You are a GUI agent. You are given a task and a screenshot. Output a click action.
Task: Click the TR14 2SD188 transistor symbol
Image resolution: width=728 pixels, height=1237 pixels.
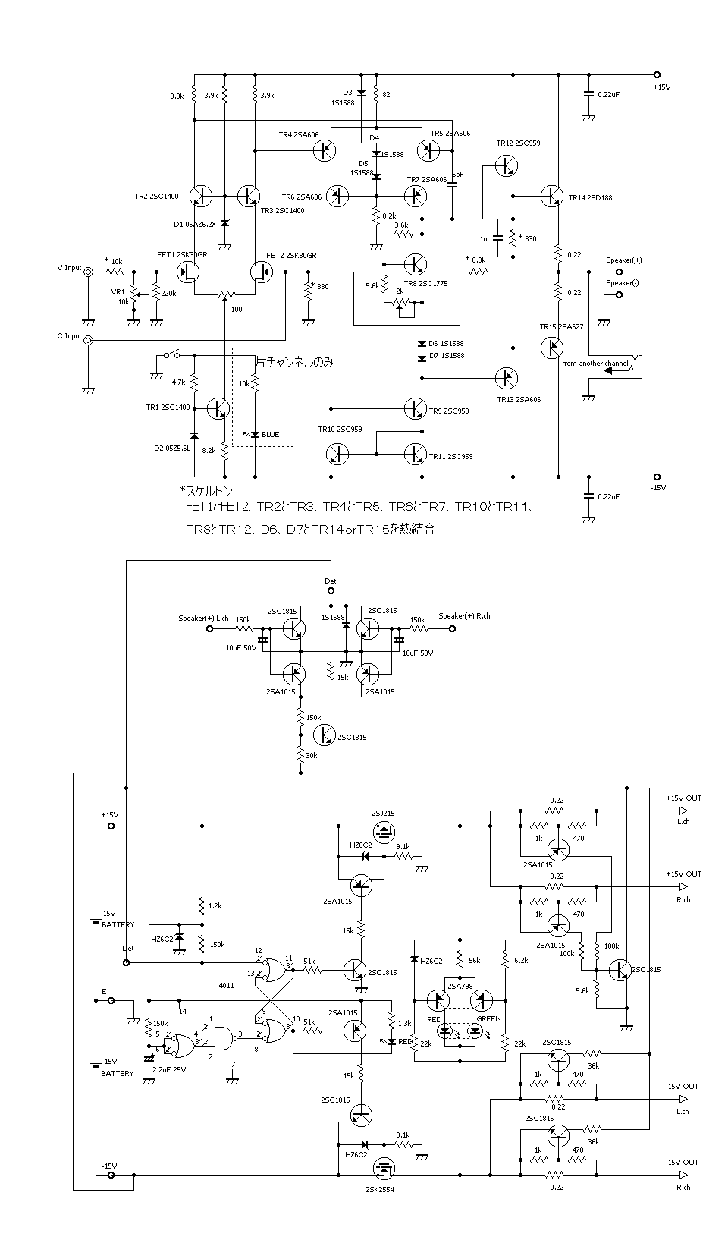tap(551, 196)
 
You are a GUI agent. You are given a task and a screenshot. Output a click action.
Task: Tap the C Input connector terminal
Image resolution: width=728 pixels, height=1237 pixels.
tap(89, 341)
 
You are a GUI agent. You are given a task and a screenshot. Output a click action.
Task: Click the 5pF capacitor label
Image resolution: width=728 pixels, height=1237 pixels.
tap(457, 175)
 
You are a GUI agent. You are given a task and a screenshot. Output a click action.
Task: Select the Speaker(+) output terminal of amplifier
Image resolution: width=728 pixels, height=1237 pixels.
tap(620, 272)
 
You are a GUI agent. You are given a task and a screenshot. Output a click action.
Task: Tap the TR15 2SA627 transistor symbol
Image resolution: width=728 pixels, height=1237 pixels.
tap(551, 348)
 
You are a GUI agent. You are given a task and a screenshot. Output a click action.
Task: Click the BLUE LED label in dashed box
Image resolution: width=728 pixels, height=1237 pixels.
tap(270, 435)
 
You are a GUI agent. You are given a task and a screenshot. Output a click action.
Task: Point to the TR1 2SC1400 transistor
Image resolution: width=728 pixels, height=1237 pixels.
tap(218, 408)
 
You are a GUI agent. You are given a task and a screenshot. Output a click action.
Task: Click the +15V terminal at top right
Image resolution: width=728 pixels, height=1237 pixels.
tap(657, 74)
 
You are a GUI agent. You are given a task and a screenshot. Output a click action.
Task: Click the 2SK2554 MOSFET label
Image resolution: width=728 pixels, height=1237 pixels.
tap(379, 1189)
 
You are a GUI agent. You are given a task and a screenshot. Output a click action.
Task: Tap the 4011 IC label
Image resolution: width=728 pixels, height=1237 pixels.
tap(227, 986)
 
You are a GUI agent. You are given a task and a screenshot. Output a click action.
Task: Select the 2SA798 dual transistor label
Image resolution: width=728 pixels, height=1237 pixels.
tap(460, 986)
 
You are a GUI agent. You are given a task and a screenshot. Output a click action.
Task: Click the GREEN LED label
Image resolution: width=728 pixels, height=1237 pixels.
tap(488, 1019)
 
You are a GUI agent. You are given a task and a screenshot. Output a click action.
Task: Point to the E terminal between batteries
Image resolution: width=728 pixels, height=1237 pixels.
tap(111, 1000)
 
